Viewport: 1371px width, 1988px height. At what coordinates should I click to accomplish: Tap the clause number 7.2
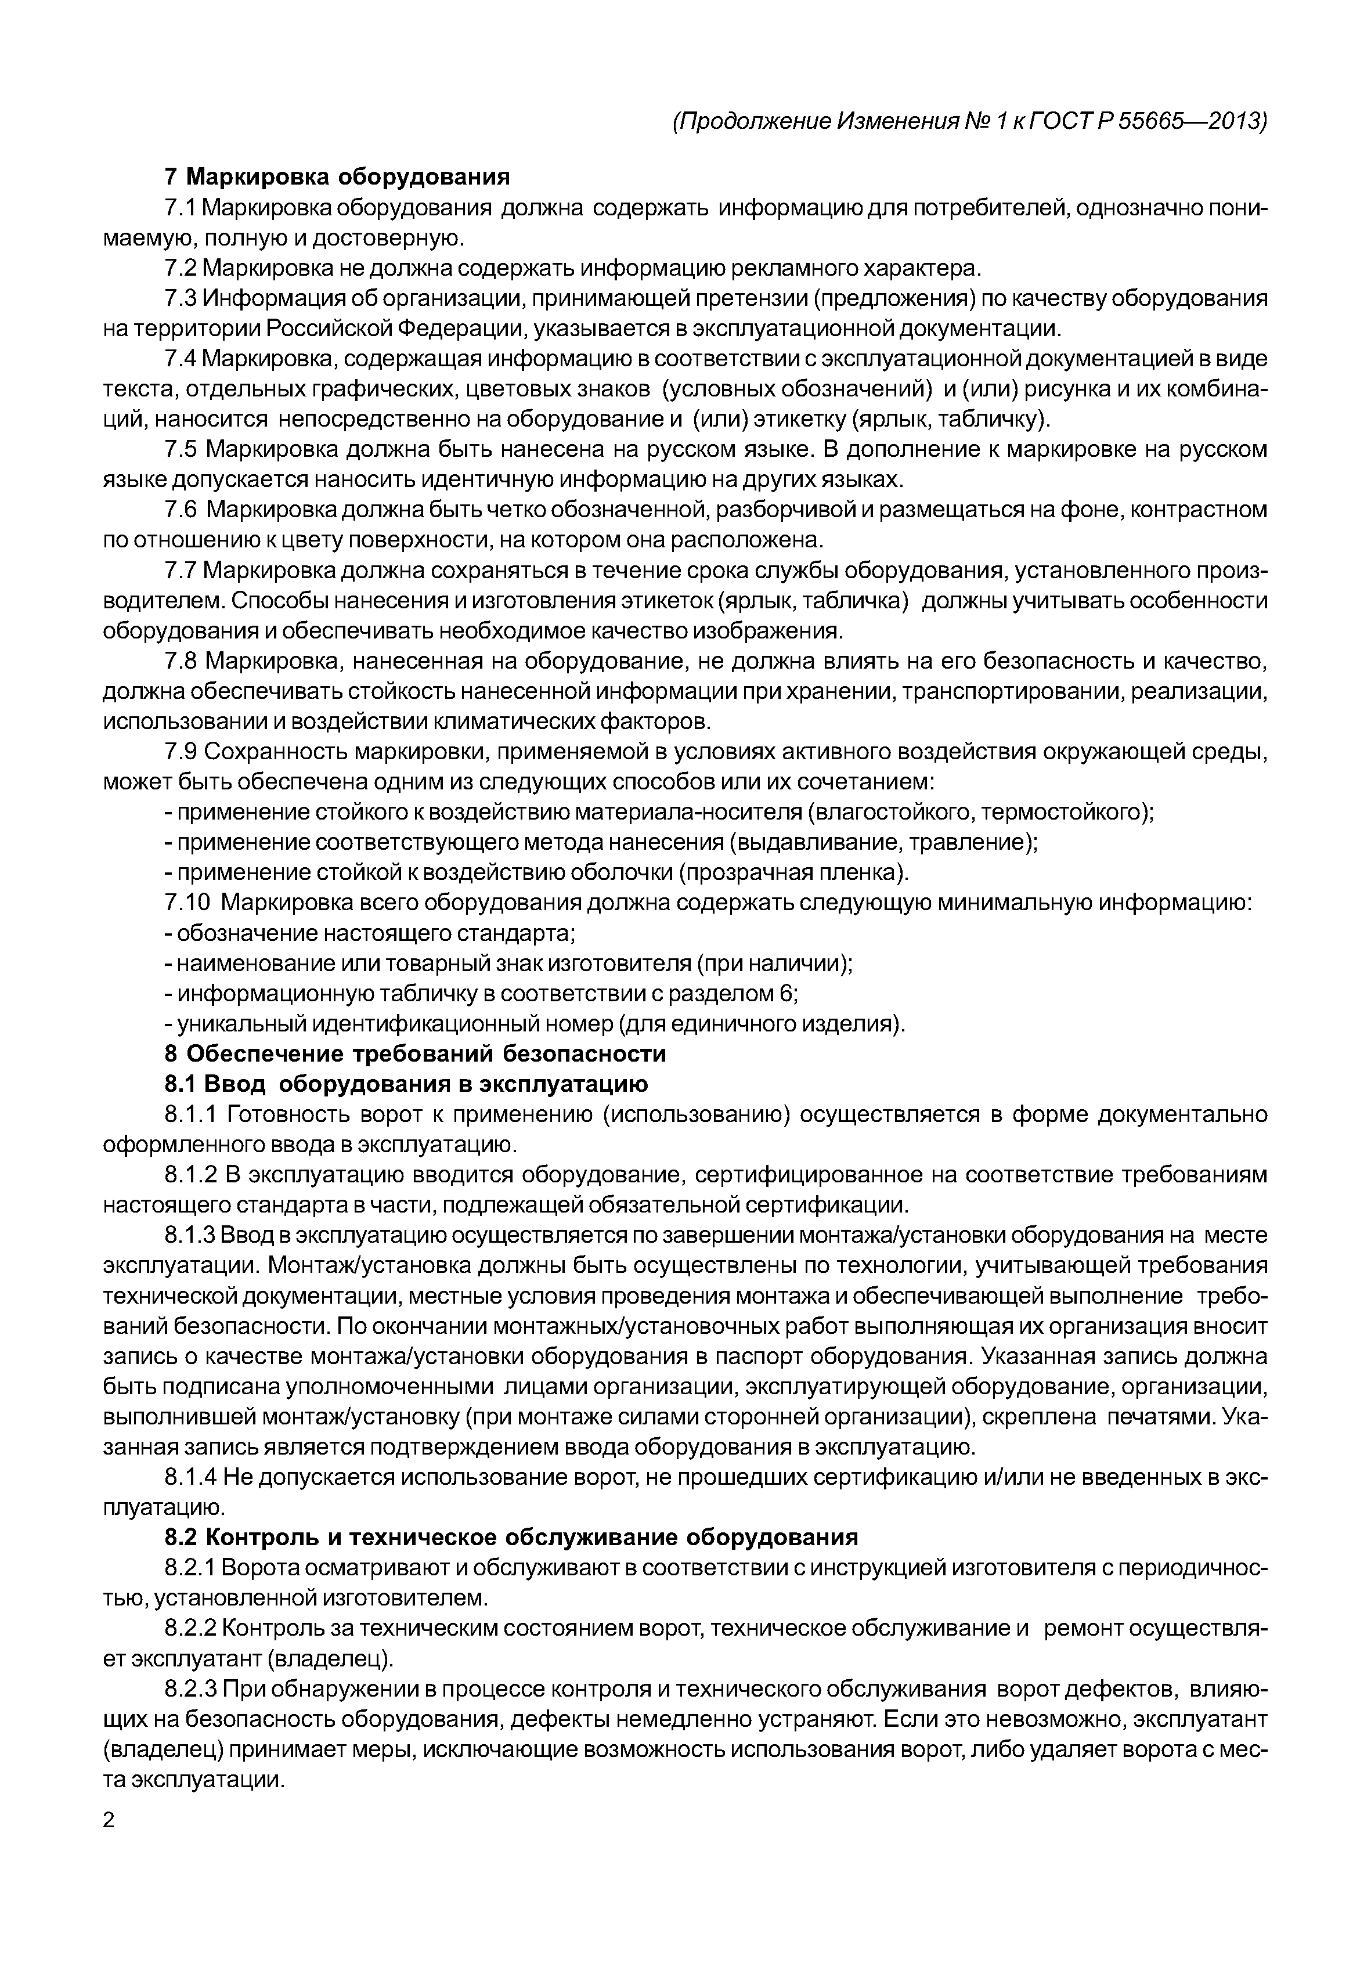[181, 268]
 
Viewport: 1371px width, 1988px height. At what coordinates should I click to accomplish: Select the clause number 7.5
[181, 449]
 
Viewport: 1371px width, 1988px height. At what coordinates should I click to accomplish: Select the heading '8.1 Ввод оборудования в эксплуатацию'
[406, 1083]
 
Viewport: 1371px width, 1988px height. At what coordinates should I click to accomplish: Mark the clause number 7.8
[181, 661]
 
